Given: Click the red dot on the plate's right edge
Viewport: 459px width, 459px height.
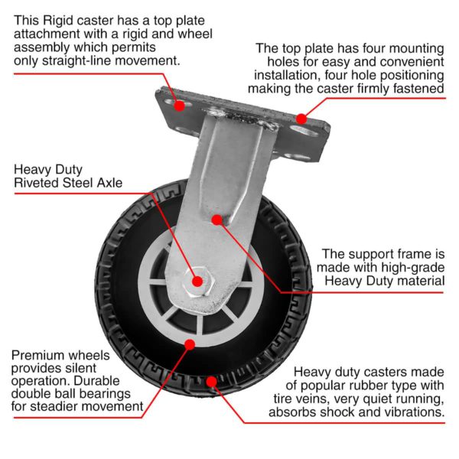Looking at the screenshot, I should pyautogui.click(x=301, y=119).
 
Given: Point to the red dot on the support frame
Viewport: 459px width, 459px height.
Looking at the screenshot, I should pyautogui.click(x=216, y=220).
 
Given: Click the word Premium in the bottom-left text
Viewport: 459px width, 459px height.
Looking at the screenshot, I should pyautogui.click(x=39, y=356).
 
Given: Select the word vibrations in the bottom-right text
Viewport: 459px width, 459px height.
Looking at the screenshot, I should pyautogui.click(x=414, y=412).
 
